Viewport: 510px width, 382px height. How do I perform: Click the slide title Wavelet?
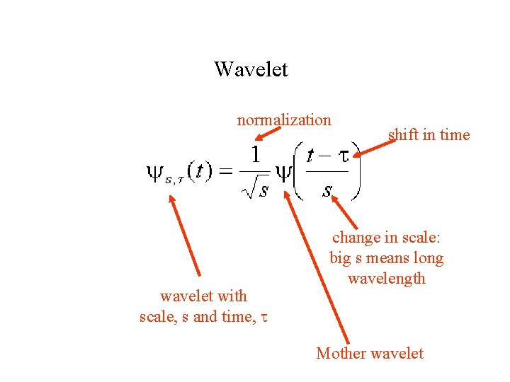click(x=251, y=69)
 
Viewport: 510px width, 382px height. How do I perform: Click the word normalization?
click(x=284, y=120)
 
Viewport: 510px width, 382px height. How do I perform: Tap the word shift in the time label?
click(x=401, y=134)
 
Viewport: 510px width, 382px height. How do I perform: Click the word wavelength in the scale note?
click(x=387, y=278)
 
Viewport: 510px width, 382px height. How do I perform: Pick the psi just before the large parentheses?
click(x=284, y=173)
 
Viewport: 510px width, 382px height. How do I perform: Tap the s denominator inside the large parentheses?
click(x=327, y=190)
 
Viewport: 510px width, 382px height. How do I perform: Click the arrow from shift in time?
click(x=373, y=147)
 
